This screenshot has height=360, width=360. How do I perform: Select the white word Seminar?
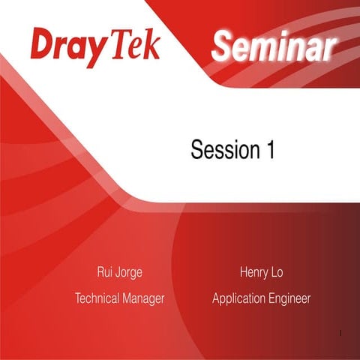tap(271, 48)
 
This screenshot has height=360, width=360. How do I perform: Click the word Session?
tap(223, 150)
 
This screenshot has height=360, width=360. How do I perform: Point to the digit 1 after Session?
tap(269, 150)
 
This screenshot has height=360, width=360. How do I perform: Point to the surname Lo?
tap(277, 271)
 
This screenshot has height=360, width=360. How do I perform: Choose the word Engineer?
tap(289, 298)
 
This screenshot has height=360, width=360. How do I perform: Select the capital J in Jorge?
tap(121, 271)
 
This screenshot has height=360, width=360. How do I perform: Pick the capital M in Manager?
tap(129, 298)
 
